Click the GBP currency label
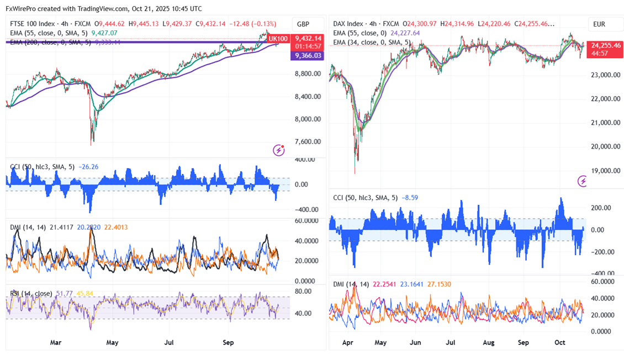point(303,24)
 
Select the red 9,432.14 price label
point(307,38)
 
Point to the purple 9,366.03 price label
point(307,55)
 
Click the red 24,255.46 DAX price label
point(606,45)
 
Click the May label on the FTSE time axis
point(112,342)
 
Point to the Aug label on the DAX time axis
point(488,342)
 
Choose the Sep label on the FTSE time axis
point(228,342)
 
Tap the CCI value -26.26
point(88,166)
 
